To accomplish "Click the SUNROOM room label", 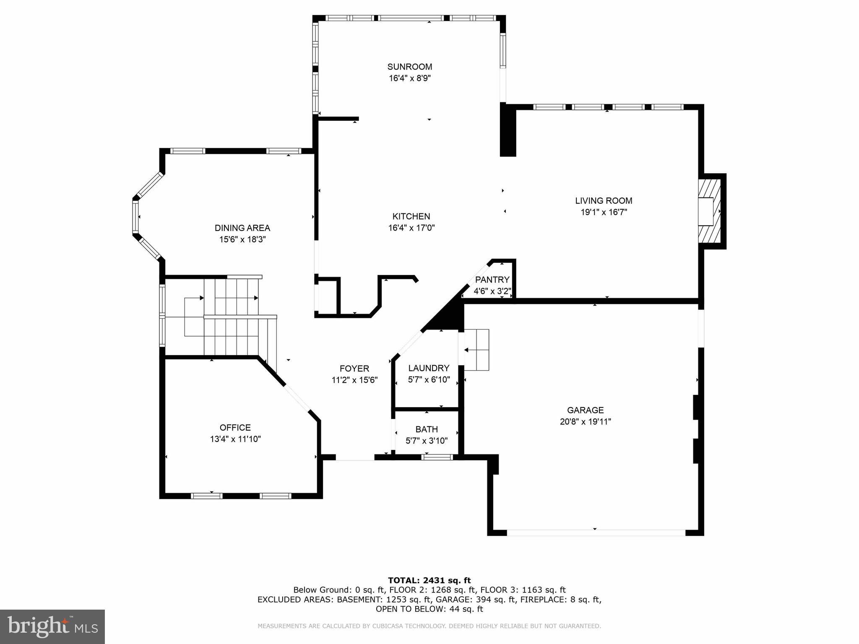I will pyautogui.click(x=409, y=67).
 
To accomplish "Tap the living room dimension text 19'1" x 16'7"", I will pyautogui.click(x=604, y=212).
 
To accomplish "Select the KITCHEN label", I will pyautogui.click(x=411, y=216).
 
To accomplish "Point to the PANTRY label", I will pyautogui.click(x=492, y=280).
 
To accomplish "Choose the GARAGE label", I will pyautogui.click(x=585, y=410).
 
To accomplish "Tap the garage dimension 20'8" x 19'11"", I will pyautogui.click(x=585, y=422).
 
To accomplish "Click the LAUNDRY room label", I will pyautogui.click(x=429, y=368).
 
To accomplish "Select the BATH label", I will pyautogui.click(x=427, y=429).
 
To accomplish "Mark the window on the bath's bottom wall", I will pyautogui.click(x=437, y=457).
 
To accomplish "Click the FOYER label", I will pyautogui.click(x=354, y=369).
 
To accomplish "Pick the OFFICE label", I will pyautogui.click(x=235, y=428).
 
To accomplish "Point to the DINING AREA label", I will pyautogui.click(x=242, y=228).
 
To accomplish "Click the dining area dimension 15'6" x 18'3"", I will pyautogui.click(x=242, y=240).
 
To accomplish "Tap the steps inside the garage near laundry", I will pyautogui.click(x=477, y=350).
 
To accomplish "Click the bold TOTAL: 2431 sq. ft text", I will pyautogui.click(x=429, y=580).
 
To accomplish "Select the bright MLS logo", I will pyautogui.click(x=52, y=626).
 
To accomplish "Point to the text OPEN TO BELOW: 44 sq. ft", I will pyautogui.click(x=429, y=609).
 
